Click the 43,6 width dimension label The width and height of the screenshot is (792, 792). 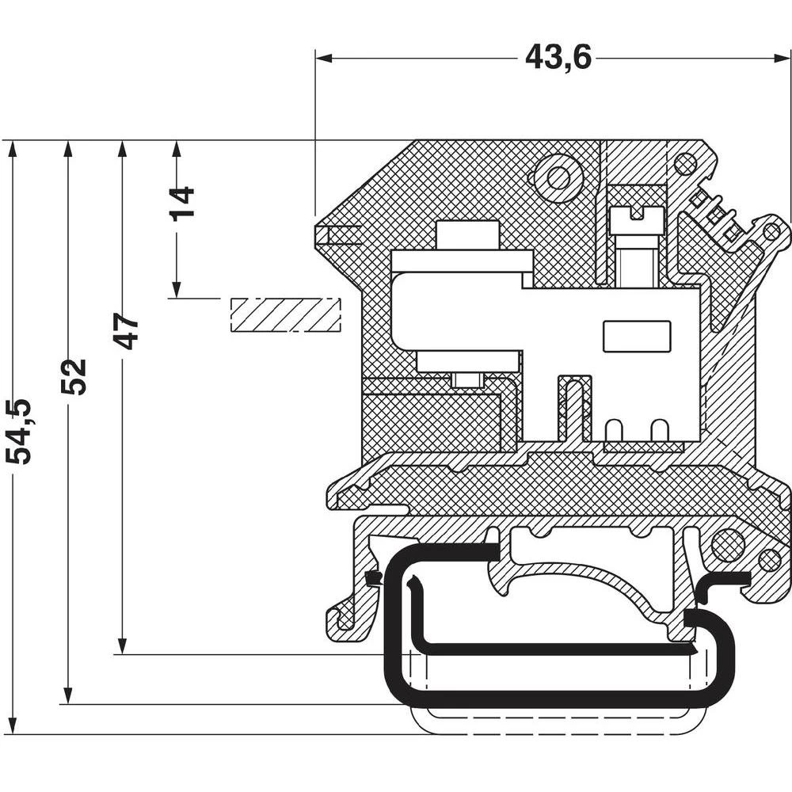click(558, 57)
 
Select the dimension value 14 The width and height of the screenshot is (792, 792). click(181, 203)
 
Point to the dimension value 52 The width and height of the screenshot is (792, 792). click(74, 376)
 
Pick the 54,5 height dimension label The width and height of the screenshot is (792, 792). click(18, 432)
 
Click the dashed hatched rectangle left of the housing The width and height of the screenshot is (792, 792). click(285, 314)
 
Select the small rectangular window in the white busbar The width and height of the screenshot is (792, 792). click(637, 336)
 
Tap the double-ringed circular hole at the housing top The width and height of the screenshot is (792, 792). click(558, 178)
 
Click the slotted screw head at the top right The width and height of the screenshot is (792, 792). click(636, 215)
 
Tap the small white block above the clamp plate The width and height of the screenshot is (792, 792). click(467, 235)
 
